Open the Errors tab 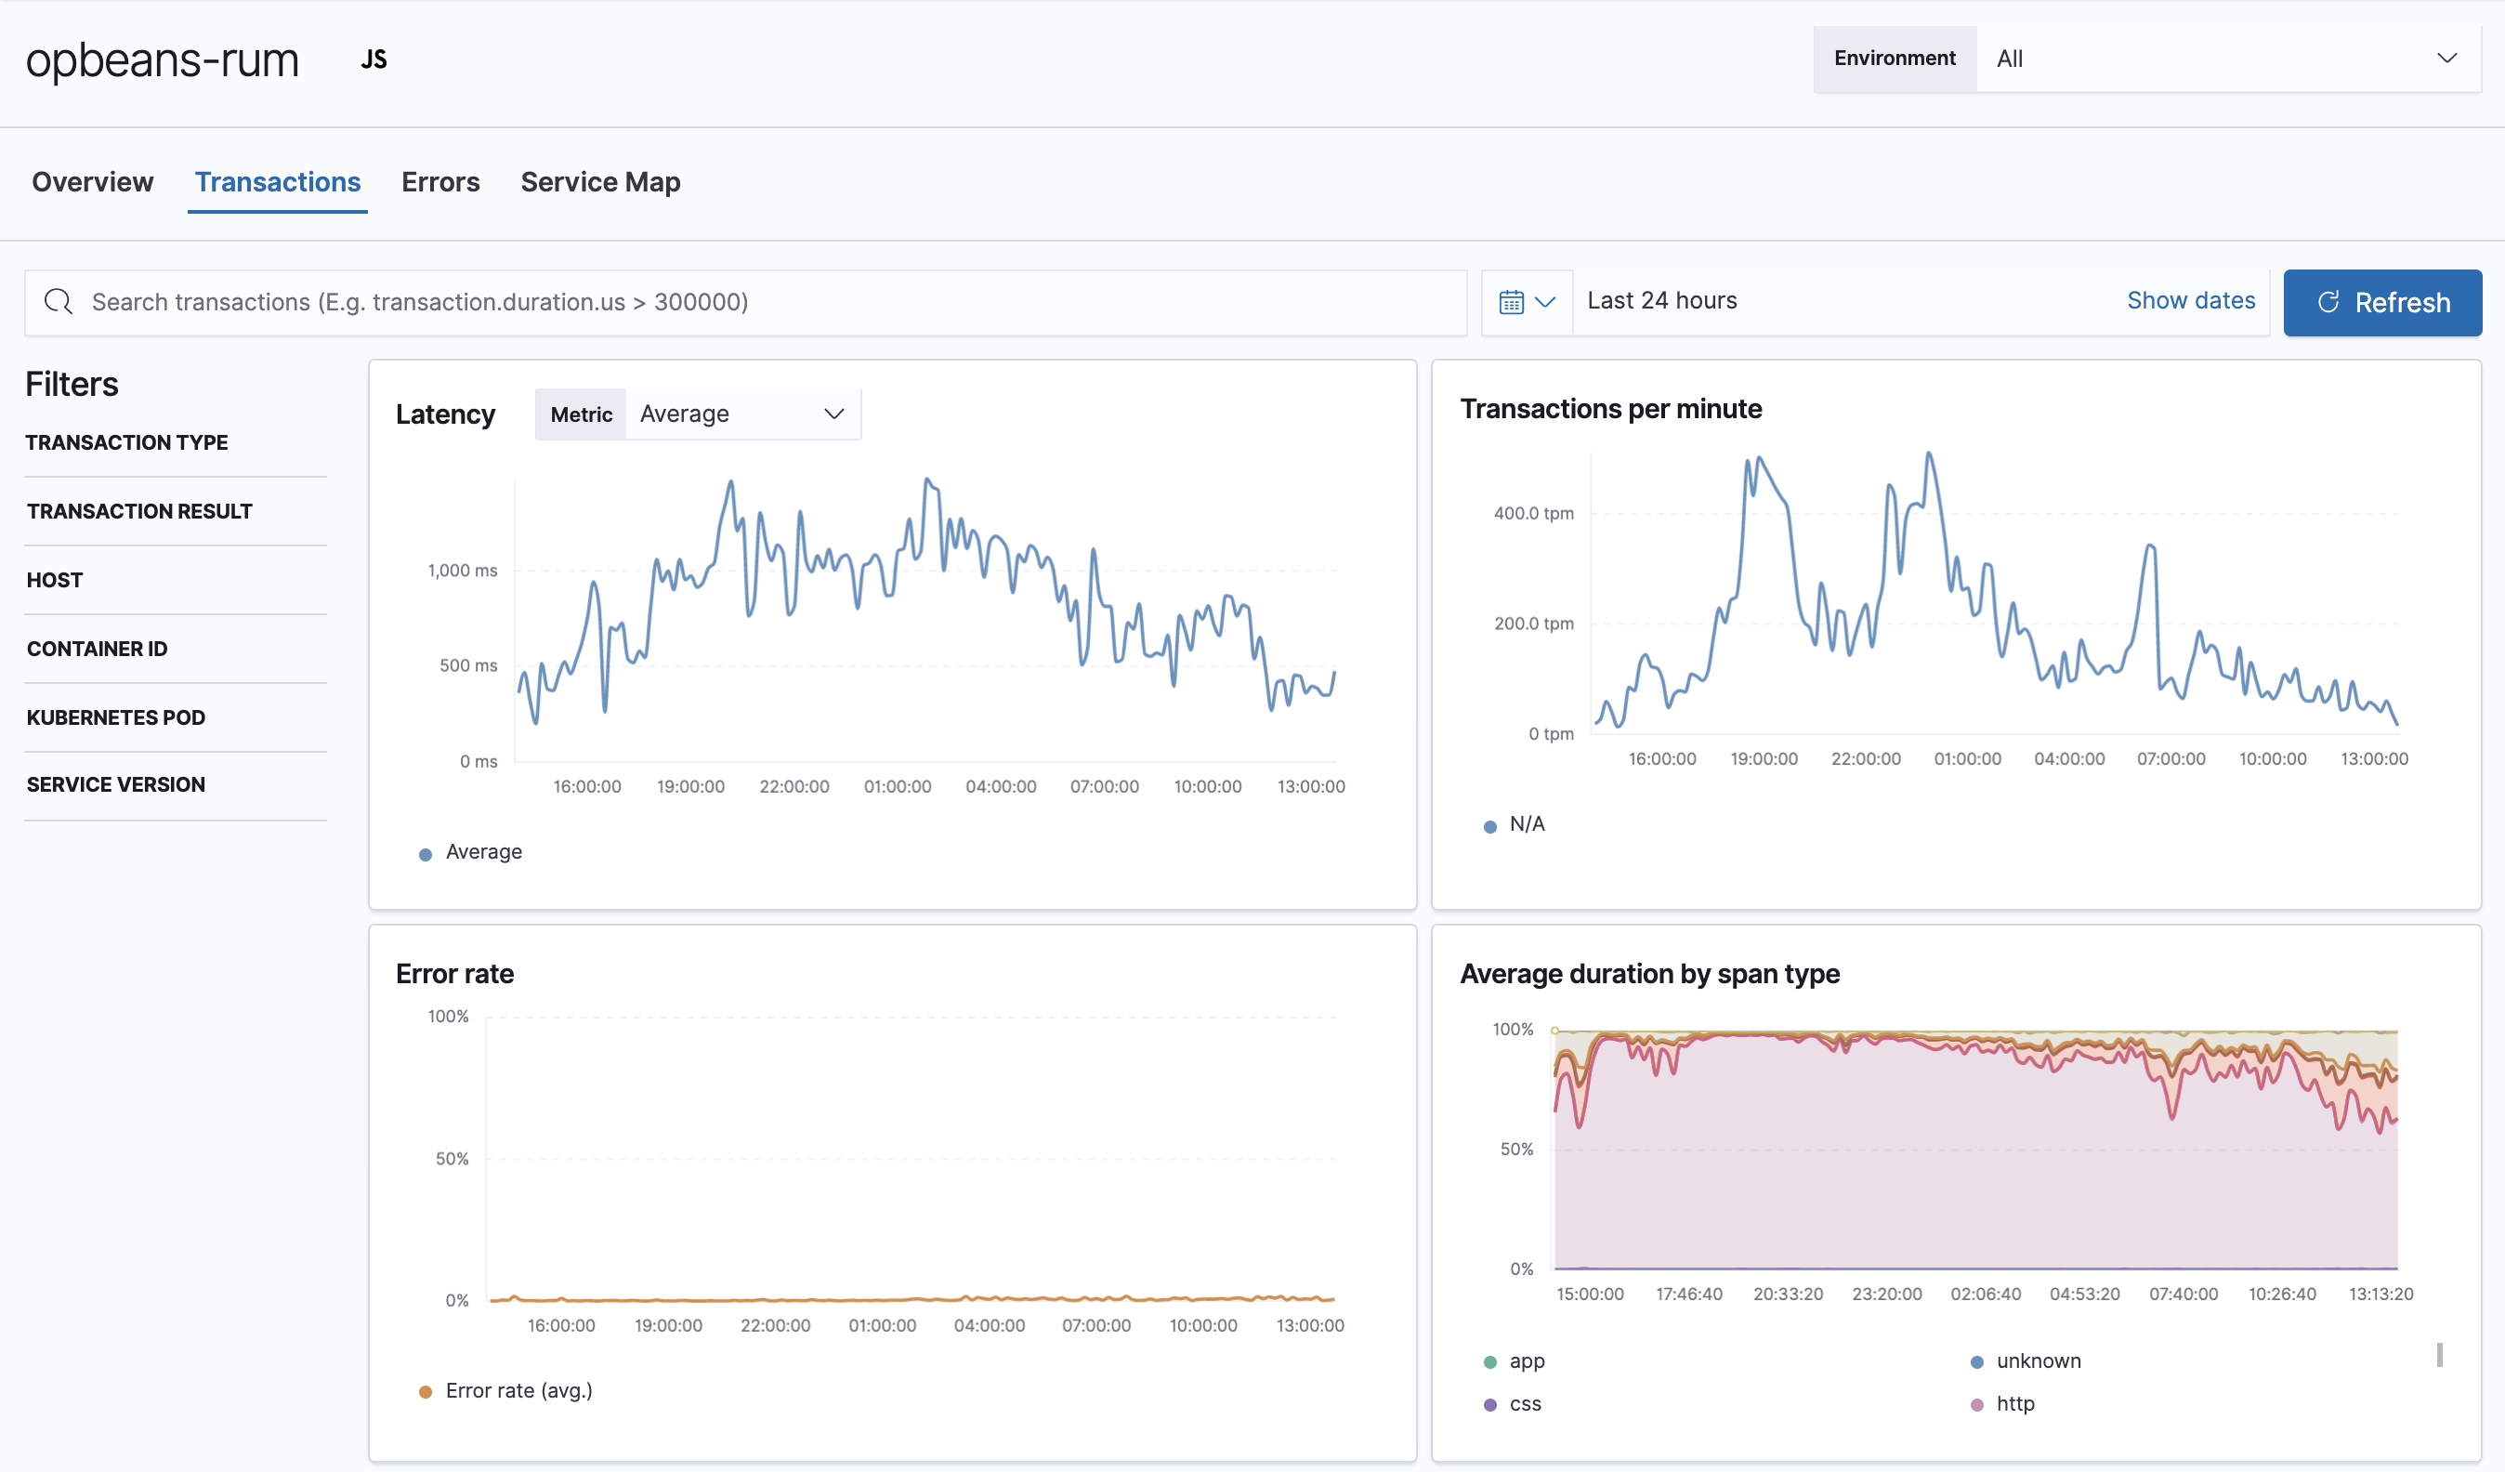(x=440, y=182)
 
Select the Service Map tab (x=599, y=182)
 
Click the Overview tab (x=92, y=182)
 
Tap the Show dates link (x=2190, y=300)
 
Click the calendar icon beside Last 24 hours (x=1511, y=302)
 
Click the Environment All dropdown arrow (x=2446, y=59)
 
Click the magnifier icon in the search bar (x=59, y=302)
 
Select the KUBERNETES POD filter (x=115, y=716)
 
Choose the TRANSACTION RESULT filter (x=139, y=511)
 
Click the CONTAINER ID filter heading (x=97, y=648)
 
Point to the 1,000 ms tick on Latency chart (x=462, y=571)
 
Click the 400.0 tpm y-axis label (x=1533, y=513)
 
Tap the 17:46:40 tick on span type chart (x=1688, y=1293)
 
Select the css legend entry (x=1524, y=1403)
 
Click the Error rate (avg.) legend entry (x=518, y=1390)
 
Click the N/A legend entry (x=1526, y=824)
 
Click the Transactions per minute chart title (x=1610, y=409)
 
